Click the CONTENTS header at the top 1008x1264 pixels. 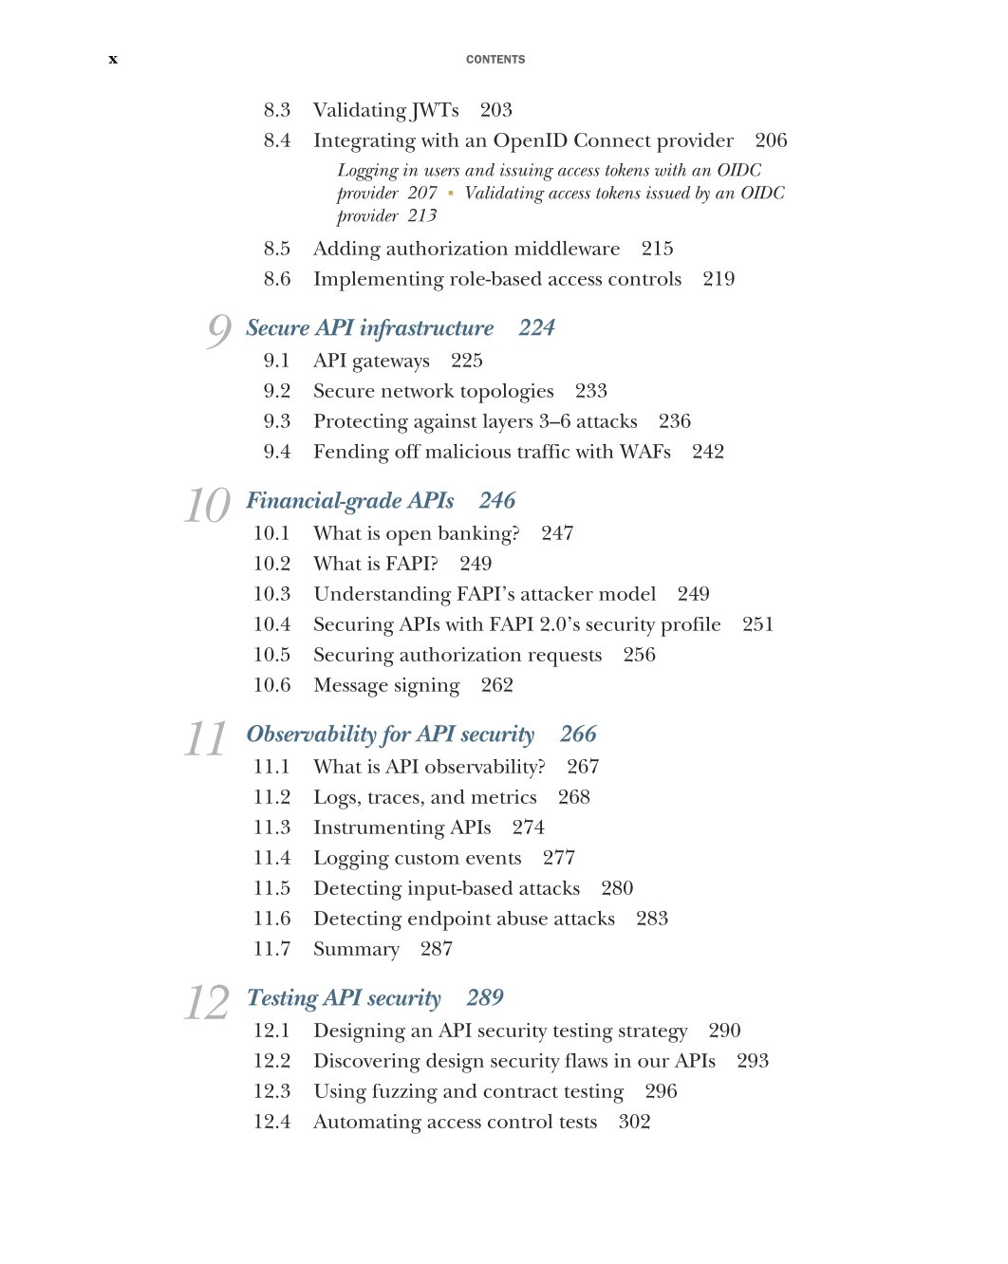point(495,60)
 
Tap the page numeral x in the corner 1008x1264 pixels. point(113,60)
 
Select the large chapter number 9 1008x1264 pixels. point(219,330)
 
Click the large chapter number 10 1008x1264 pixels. point(207,505)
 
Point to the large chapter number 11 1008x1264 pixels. point(206,738)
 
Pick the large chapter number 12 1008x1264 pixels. point(207,1002)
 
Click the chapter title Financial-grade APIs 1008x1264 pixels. point(350,501)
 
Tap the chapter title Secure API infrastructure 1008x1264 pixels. point(369,328)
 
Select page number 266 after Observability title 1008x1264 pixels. point(578,734)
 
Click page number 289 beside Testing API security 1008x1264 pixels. point(485,998)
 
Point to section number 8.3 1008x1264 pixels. point(277,111)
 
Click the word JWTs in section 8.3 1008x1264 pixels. point(436,111)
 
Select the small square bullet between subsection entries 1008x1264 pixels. point(451,194)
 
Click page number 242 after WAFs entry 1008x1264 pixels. point(708,453)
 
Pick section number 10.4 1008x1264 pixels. point(271,625)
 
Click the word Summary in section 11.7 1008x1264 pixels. point(356,950)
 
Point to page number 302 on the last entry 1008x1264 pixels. point(634,1123)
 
